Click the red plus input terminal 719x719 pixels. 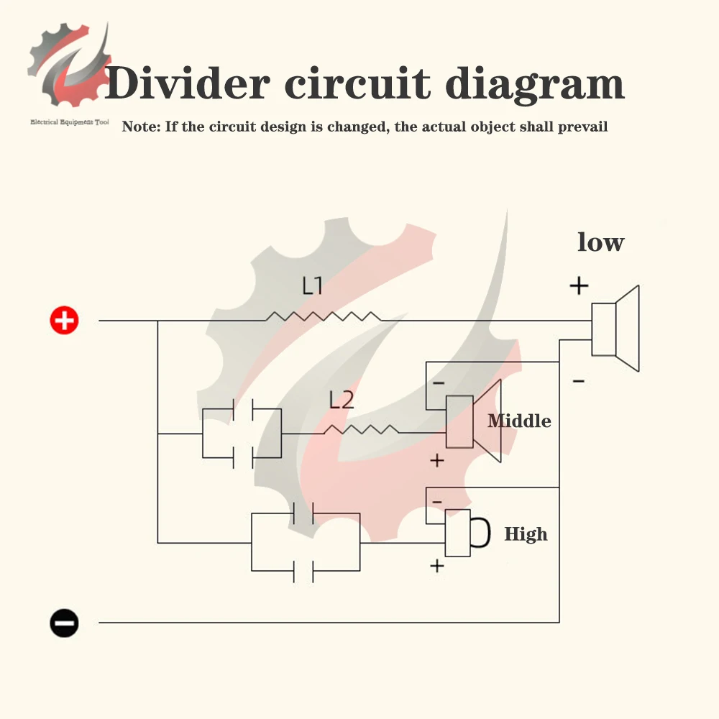pyautogui.click(x=65, y=320)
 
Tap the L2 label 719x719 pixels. pyautogui.click(x=342, y=400)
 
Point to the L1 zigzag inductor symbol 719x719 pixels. pyautogui.click(x=324, y=316)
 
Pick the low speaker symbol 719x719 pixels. pyautogui.click(x=615, y=329)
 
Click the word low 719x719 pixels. pyautogui.click(x=600, y=242)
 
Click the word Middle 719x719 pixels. pyautogui.click(x=519, y=421)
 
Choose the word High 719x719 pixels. pyautogui.click(x=526, y=534)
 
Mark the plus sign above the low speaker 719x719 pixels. pyautogui.click(x=579, y=286)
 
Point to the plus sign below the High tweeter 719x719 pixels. pyautogui.click(x=436, y=567)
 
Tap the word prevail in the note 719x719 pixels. pyautogui.click(x=583, y=127)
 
